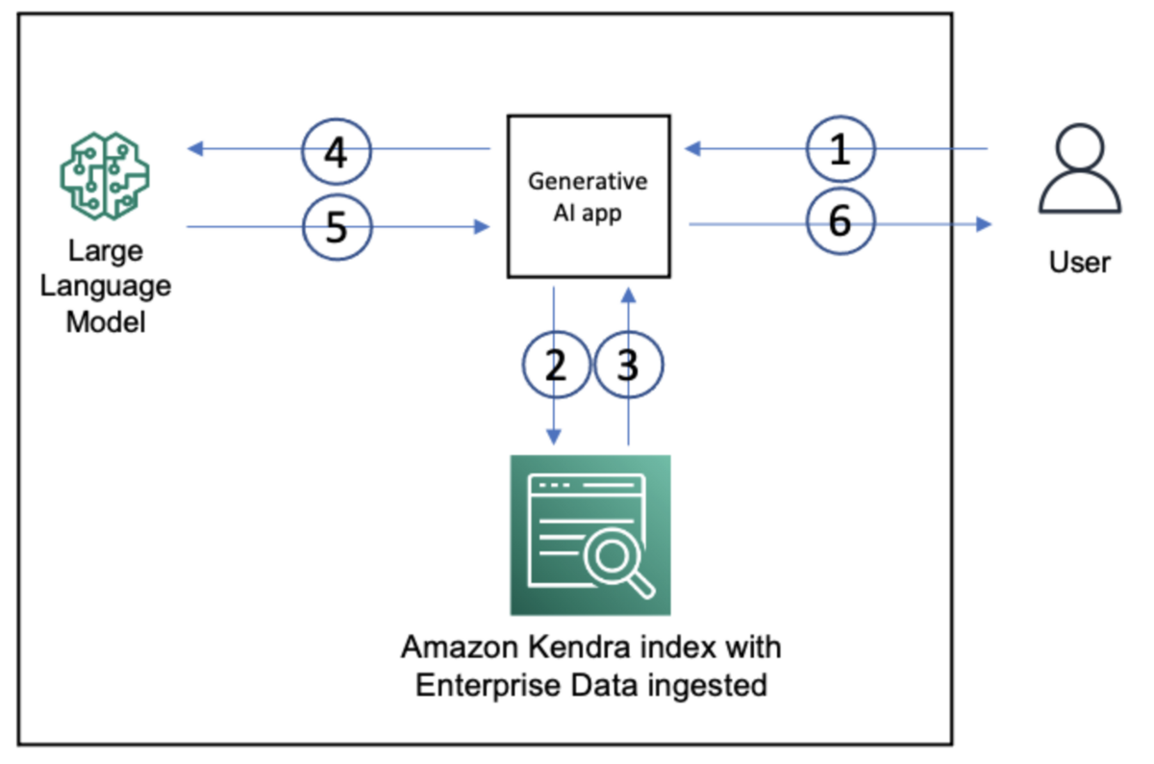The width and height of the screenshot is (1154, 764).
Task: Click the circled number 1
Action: click(840, 150)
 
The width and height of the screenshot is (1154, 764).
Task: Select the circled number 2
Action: click(556, 366)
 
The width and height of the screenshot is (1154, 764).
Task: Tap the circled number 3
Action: click(628, 366)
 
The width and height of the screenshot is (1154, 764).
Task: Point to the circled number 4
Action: click(336, 151)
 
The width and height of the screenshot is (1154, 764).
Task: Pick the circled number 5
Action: click(336, 227)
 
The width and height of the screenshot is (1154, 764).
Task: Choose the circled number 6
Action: click(840, 223)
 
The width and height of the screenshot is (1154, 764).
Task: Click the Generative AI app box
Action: click(589, 196)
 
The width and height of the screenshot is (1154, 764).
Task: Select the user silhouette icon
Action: click(1080, 174)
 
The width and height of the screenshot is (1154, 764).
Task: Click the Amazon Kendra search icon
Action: click(590, 535)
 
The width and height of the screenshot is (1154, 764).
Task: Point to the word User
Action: click(1080, 262)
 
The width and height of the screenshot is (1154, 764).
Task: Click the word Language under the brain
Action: click(106, 286)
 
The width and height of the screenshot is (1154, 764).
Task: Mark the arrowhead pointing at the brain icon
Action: click(194, 149)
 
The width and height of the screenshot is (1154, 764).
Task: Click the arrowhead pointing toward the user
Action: click(984, 224)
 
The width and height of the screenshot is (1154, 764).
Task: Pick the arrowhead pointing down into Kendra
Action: click(555, 437)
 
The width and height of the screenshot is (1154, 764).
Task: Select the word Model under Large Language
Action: click(106, 320)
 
